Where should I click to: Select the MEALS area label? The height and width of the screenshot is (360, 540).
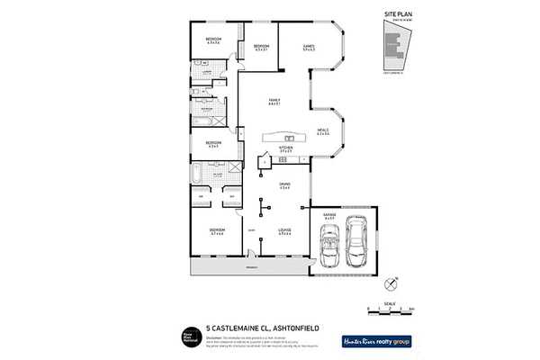point(323,131)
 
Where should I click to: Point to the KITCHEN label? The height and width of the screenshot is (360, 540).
point(285,148)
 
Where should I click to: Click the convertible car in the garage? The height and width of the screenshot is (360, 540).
point(327,246)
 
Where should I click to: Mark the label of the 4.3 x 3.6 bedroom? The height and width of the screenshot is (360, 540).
point(213,40)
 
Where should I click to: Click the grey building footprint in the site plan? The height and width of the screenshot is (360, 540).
point(391,49)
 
